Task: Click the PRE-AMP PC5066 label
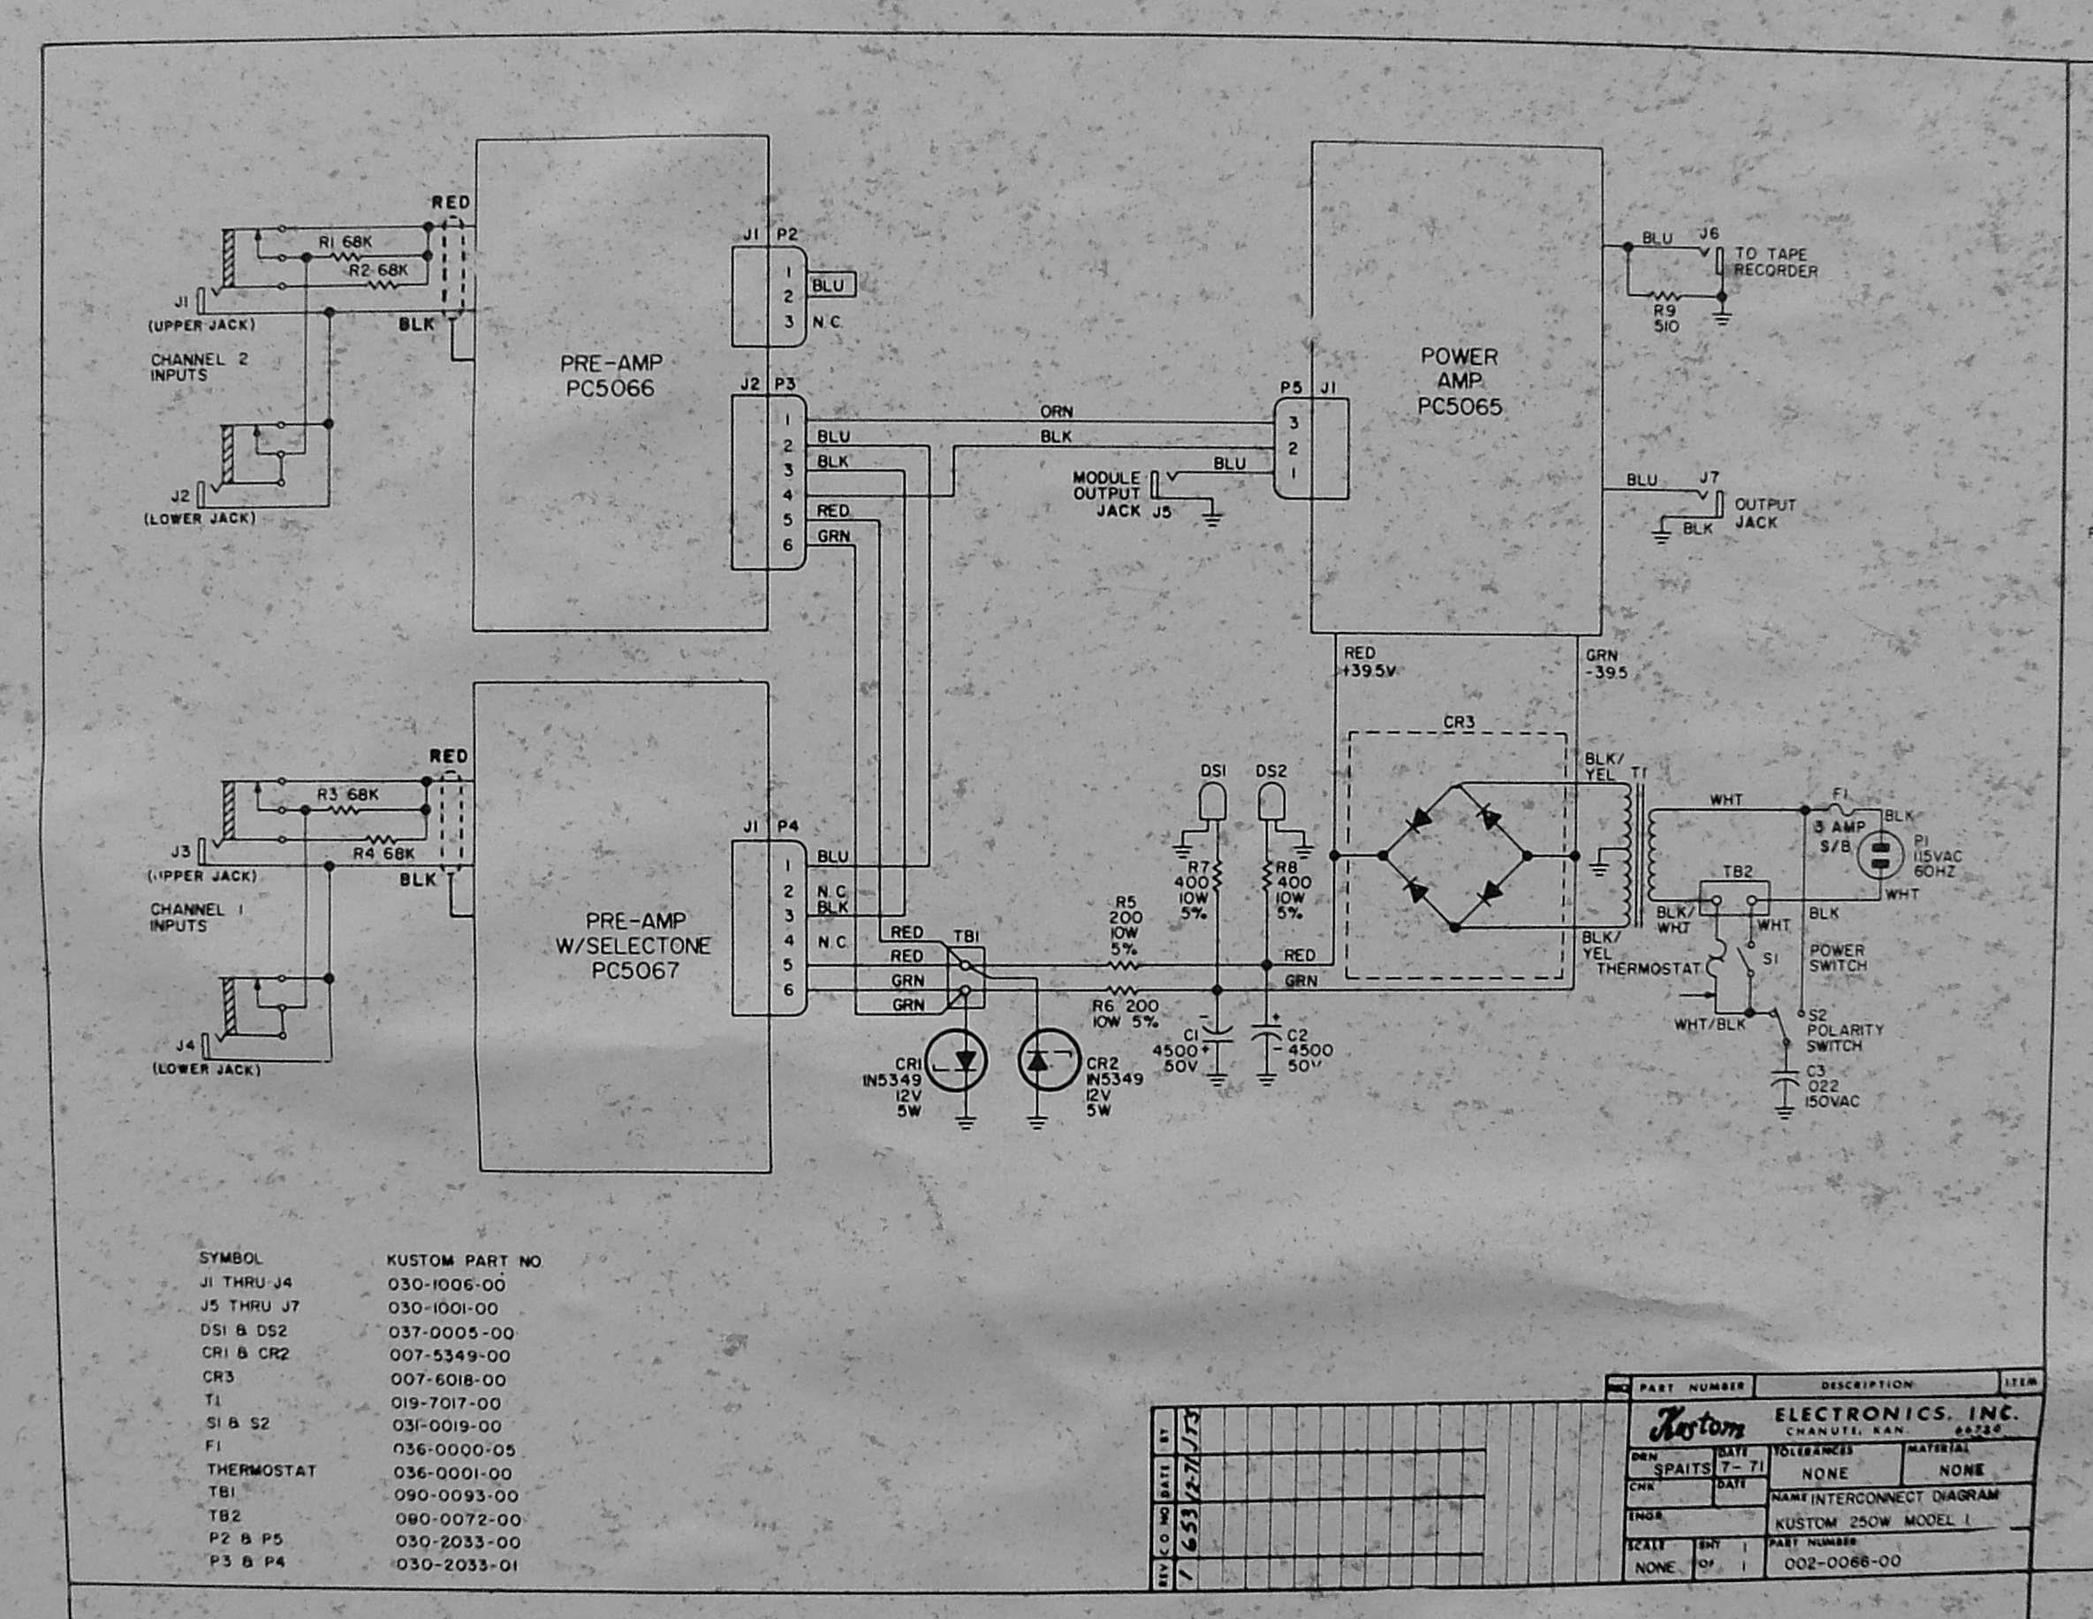(x=611, y=376)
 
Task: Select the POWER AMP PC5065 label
(x=1460, y=382)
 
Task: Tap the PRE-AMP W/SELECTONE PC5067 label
(x=634, y=945)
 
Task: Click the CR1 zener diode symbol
(x=965, y=1060)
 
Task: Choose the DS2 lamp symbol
(x=1270, y=802)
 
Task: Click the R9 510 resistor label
(x=1665, y=318)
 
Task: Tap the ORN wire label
(x=1057, y=411)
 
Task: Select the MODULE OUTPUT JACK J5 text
(x=1117, y=494)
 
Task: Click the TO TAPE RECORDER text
(x=1776, y=262)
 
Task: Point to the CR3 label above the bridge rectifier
(x=1458, y=722)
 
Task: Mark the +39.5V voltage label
(x=1369, y=671)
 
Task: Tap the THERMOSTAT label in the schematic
(x=1648, y=969)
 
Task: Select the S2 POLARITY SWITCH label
(x=1844, y=1030)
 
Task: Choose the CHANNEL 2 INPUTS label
(x=200, y=367)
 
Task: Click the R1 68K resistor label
(x=345, y=242)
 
